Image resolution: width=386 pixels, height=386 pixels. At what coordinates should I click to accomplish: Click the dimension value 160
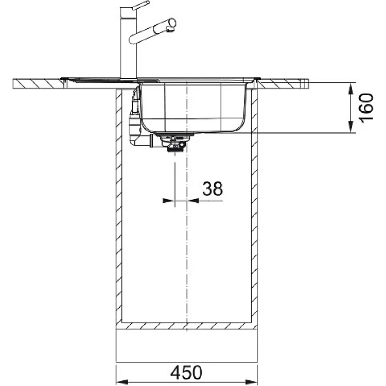tap(366, 107)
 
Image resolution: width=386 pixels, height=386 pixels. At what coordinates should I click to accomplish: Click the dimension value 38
tap(213, 188)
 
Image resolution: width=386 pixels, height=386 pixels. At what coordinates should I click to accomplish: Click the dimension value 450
tap(186, 372)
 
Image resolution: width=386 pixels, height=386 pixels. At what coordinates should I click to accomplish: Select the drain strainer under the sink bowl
tap(174, 142)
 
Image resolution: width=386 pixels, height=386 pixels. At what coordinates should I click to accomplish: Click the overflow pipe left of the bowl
tap(135, 118)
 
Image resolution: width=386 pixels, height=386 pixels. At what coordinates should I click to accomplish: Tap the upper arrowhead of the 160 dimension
tap(350, 89)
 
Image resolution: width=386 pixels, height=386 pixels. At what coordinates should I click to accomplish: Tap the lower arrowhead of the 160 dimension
tap(350, 127)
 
